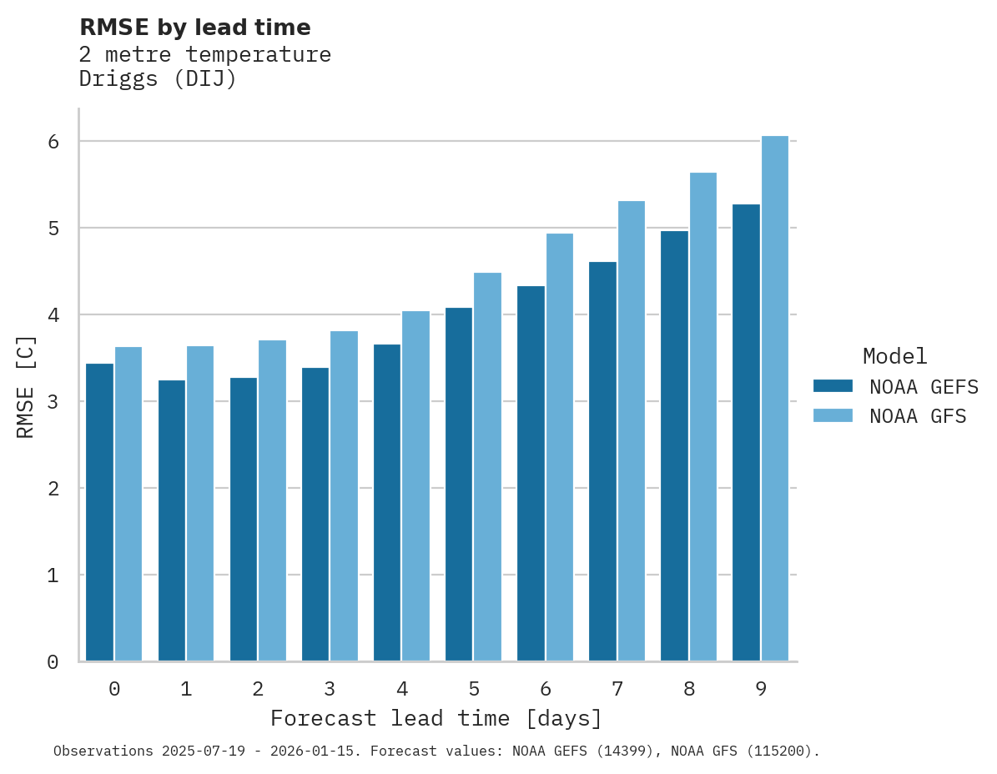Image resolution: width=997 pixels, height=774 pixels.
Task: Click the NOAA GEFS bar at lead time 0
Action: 100,512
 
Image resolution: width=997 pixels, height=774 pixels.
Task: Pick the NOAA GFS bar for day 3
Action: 344,496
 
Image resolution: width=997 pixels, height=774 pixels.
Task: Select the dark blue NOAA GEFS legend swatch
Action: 833,386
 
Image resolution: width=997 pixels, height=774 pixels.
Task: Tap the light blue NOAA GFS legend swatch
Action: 833,416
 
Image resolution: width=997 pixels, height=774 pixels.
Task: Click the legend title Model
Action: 894,356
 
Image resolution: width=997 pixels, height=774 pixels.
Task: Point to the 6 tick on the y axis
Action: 53,142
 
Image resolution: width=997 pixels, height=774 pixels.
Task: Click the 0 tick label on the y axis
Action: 53,662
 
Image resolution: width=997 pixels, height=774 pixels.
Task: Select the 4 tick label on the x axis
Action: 402,690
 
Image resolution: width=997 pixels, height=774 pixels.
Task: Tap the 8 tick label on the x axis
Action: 689,690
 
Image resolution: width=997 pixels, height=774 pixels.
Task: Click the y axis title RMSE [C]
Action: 26,387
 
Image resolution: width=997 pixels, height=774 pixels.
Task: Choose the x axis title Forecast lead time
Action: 436,718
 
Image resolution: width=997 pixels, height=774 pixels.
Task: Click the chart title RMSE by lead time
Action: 195,28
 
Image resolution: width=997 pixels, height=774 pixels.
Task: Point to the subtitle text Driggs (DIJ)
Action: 158,79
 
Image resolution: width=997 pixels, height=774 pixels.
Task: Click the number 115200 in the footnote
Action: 773,751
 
